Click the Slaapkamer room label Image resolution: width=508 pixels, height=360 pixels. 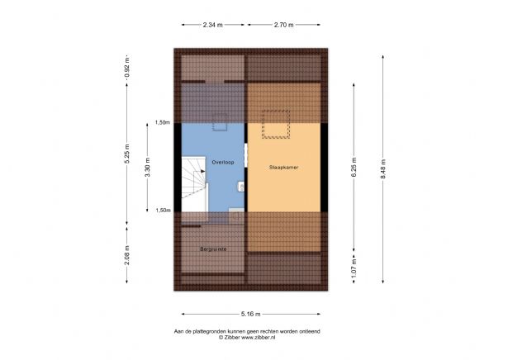pos(282,166)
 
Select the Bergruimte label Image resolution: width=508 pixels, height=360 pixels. pos(212,248)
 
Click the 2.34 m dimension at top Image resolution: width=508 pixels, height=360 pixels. pos(212,25)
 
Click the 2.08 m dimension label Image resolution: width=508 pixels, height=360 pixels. pos(127,253)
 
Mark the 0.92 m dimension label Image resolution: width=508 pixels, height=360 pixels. pos(127,67)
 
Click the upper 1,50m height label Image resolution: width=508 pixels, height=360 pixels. pos(162,123)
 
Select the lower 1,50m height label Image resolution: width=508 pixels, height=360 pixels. pos(162,211)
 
